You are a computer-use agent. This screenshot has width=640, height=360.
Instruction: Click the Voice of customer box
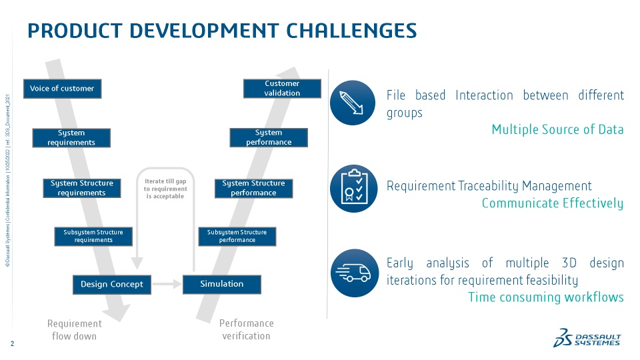coord(62,89)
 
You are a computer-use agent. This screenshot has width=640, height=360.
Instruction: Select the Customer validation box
coord(282,88)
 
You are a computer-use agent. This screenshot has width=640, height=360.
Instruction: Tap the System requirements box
coord(71,138)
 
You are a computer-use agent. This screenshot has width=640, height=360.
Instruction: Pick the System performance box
coord(269,137)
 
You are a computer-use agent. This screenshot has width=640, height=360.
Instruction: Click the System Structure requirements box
coord(82,188)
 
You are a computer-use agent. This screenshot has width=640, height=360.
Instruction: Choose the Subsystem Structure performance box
coord(237,236)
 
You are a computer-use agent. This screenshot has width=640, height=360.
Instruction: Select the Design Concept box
coord(112,284)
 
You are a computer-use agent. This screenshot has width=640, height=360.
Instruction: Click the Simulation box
coord(222,284)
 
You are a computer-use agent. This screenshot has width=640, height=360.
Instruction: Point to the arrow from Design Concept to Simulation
coord(167,284)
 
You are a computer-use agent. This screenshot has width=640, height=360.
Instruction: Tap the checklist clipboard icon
coord(353,189)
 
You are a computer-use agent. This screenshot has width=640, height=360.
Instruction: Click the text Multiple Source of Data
coord(557,129)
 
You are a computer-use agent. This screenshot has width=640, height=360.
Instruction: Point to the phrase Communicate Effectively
coord(552,203)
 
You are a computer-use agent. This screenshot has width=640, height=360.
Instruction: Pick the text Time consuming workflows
coord(545,297)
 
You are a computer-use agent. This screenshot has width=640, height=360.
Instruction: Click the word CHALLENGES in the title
coord(351,30)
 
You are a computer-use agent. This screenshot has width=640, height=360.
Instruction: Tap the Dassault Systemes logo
coord(587,338)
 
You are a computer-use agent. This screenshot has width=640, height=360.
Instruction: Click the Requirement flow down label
coord(75,329)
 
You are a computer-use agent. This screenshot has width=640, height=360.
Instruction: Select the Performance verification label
coord(246,329)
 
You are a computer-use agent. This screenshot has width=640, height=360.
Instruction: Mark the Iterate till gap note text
coord(165,189)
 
